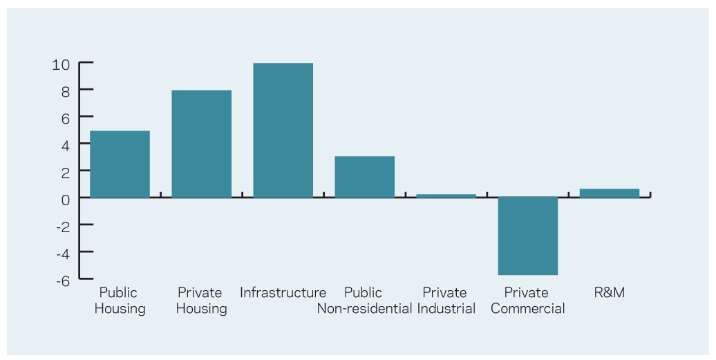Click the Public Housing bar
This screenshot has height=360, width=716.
pos(120,164)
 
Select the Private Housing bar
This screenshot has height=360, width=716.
pos(201,144)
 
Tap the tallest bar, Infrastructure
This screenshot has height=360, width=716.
pos(283,131)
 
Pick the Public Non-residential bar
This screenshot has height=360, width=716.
pos(364,177)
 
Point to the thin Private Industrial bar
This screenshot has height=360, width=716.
pos(446,196)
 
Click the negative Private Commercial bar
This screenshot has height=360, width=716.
pos(528,236)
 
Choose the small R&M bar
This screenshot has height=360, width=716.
pos(610,193)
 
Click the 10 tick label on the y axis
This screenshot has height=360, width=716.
pos(61,65)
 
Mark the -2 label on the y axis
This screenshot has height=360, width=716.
pos(63,227)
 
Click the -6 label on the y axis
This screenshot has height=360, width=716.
pos(63,281)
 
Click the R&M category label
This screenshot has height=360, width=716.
pos(609,292)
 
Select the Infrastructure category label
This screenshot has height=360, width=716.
pos(283,292)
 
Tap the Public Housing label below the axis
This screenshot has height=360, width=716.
pos(120,301)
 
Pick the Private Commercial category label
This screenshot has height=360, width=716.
pos(527,301)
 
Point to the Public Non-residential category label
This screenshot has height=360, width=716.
pos(364,301)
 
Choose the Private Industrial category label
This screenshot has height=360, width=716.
pos(446,301)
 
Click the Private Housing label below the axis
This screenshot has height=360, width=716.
pos(201,301)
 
